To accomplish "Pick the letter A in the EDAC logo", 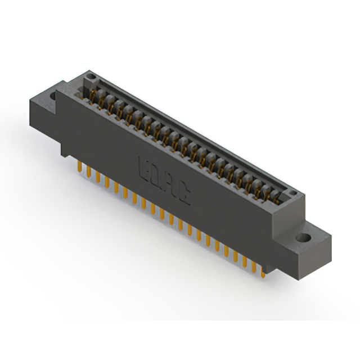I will coord(172,186).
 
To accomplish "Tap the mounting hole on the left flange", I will coord(53,96).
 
